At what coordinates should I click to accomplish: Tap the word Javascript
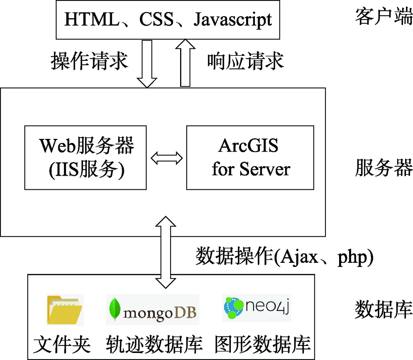point(233,19)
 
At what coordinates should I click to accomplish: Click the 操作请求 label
point(89,62)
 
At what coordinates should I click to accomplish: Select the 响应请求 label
point(245,62)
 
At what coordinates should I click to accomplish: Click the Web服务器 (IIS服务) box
point(85,157)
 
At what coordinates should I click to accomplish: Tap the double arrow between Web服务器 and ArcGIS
point(166,157)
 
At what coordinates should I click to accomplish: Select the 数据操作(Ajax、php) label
point(285,257)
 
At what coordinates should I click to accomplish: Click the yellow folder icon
point(65,309)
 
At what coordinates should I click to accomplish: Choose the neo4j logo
point(256,308)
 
